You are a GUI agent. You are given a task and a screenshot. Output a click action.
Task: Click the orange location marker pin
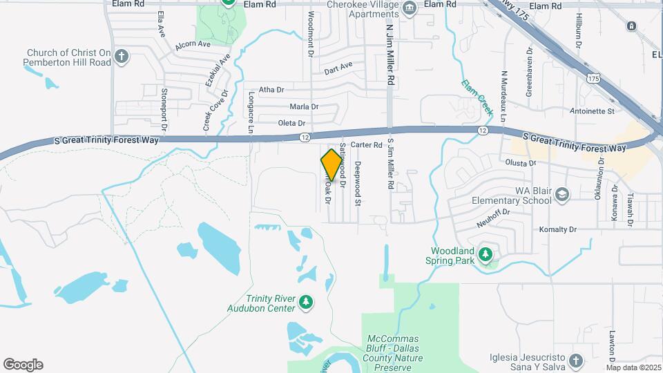(x=332, y=164)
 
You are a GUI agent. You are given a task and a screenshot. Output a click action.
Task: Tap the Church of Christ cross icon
(x=122, y=57)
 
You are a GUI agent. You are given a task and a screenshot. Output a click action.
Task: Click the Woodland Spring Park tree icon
(x=486, y=255)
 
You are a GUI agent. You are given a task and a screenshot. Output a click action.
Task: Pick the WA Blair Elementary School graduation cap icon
(x=562, y=195)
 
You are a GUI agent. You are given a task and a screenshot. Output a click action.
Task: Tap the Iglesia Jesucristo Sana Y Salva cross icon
(x=577, y=361)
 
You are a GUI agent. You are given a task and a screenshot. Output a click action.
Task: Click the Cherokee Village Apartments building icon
(x=410, y=9)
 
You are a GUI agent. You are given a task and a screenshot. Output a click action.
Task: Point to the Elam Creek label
(x=477, y=96)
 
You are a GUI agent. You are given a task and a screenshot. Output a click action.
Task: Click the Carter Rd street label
(x=366, y=145)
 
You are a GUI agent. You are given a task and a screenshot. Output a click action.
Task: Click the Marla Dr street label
(x=304, y=106)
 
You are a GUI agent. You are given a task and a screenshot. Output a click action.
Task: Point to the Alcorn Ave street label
(x=193, y=44)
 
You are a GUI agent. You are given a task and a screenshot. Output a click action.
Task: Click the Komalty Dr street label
(x=558, y=229)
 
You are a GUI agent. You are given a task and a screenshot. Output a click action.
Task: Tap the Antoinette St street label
(x=592, y=111)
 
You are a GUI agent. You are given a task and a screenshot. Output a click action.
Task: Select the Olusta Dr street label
(x=522, y=163)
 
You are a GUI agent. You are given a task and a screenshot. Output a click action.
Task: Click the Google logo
(x=23, y=365)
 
